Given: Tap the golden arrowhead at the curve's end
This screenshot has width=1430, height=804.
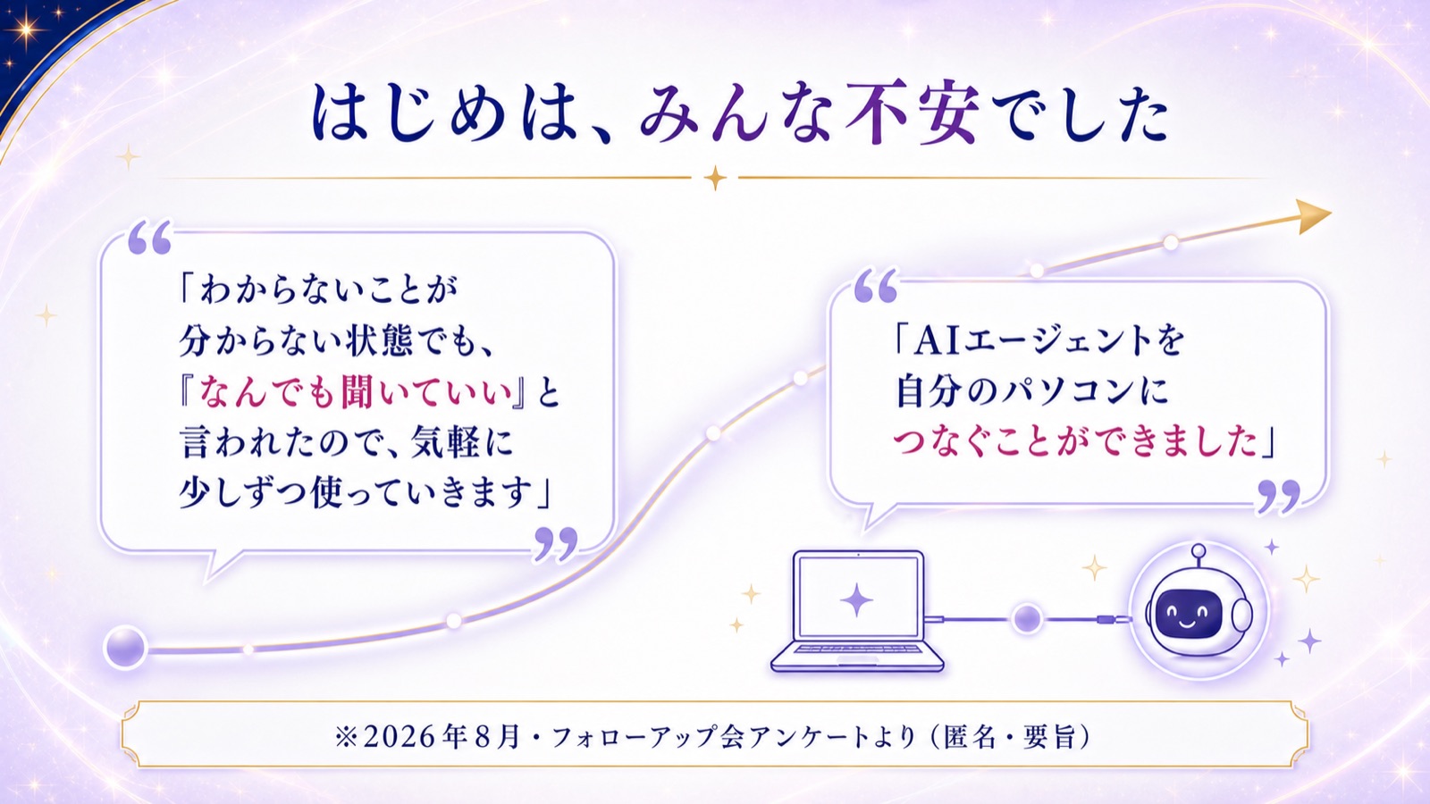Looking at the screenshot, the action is click(x=1314, y=215).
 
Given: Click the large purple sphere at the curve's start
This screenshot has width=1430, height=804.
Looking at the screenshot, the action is click(x=125, y=647).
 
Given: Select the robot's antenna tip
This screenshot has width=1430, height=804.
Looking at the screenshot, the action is click(x=1199, y=550).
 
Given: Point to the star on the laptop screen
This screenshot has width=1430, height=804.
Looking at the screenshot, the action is click(x=857, y=599).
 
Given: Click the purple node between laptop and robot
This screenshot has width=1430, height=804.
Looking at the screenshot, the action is click(x=1027, y=618).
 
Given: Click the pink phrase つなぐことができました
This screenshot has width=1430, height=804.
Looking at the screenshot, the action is click(x=1075, y=441).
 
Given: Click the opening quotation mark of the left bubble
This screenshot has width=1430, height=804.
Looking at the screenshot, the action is click(x=149, y=238).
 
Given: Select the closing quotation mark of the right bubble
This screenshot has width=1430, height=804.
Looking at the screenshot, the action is click(x=1279, y=496).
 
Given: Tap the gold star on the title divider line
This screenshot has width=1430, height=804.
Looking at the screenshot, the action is click(x=715, y=178).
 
